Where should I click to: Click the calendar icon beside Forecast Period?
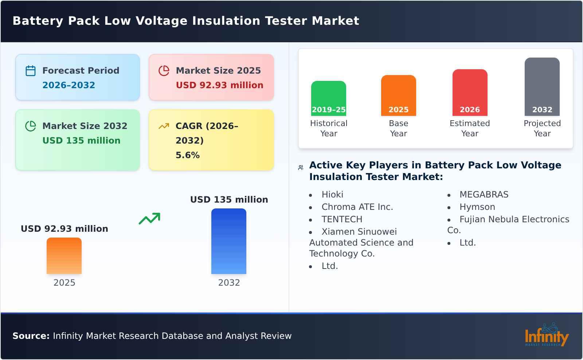click(x=31, y=71)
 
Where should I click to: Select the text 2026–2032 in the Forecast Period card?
click(x=69, y=85)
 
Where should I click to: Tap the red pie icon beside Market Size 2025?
click(x=164, y=71)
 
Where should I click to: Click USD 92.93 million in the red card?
click(x=219, y=85)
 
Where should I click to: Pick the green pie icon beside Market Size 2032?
click(x=31, y=126)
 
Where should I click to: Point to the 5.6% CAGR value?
click(x=187, y=155)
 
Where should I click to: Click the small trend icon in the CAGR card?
click(x=164, y=126)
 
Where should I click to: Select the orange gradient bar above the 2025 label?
click(x=64, y=256)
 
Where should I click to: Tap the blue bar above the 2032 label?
click(x=229, y=241)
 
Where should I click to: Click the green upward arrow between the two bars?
click(x=149, y=219)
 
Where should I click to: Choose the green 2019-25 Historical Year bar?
click(x=328, y=98)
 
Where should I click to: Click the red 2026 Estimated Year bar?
click(x=470, y=93)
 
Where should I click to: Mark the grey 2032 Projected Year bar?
click(x=542, y=87)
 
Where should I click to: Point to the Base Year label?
click(x=398, y=128)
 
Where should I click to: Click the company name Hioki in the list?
click(x=332, y=195)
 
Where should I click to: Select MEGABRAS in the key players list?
click(x=484, y=195)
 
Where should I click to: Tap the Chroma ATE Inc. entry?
click(x=357, y=207)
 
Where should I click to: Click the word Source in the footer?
click(x=31, y=336)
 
